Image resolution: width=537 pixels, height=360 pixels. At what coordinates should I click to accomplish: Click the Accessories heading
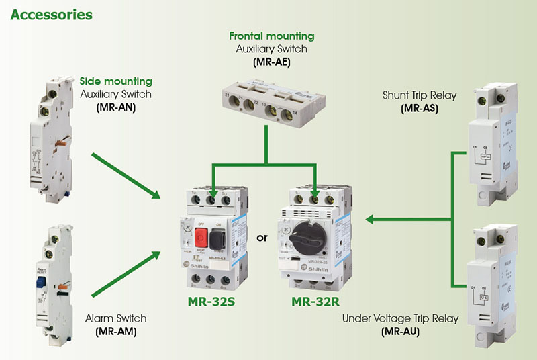(x=52, y=13)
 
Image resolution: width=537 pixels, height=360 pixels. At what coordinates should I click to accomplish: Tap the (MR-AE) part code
(x=271, y=62)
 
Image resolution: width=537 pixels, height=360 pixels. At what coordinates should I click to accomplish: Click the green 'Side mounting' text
(x=116, y=81)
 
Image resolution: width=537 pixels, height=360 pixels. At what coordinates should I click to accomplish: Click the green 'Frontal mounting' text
(x=271, y=36)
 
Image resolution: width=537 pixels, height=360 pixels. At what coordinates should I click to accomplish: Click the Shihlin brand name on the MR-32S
(x=209, y=266)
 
